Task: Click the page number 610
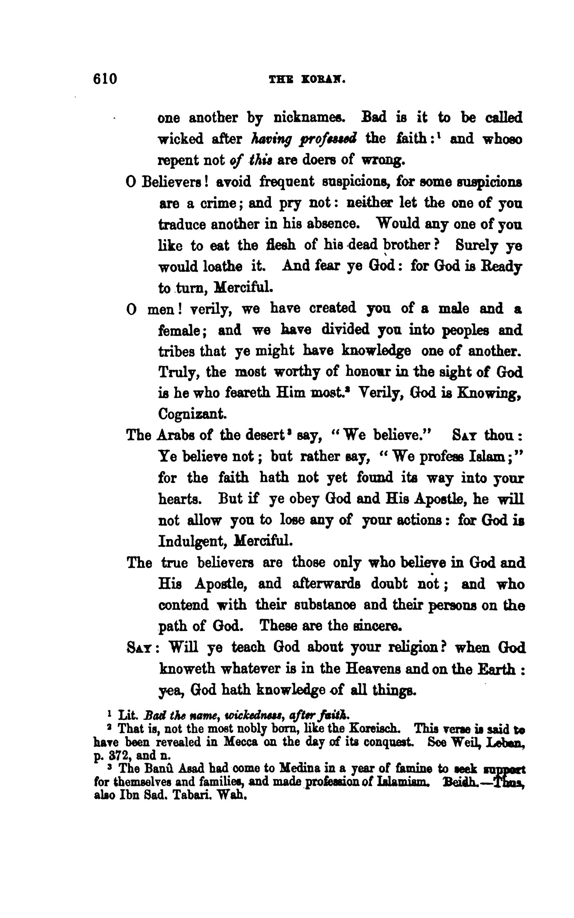point(105,78)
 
